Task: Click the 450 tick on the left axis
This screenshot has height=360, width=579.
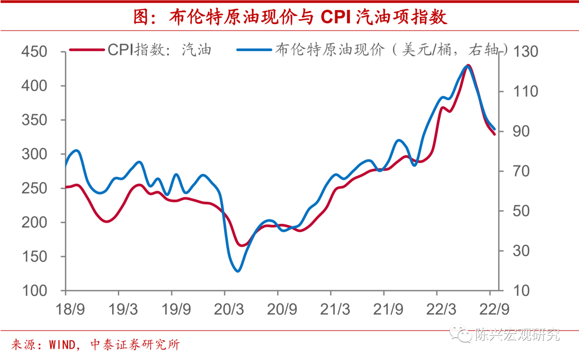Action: [35, 52]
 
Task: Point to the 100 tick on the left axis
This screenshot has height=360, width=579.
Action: [35, 291]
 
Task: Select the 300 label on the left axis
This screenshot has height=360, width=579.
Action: [35, 154]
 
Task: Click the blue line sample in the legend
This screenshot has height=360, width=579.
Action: [254, 50]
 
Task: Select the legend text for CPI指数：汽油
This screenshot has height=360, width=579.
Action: [159, 50]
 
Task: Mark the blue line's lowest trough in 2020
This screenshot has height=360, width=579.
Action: [238, 271]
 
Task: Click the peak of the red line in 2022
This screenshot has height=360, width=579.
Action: [468, 65]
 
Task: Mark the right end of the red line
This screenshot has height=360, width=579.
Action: [494, 134]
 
